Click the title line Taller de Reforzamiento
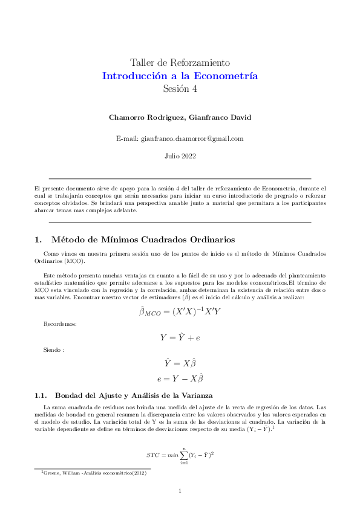[x=180, y=63]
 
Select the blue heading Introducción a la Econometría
[x=180, y=76]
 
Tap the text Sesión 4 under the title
[x=180, y=89]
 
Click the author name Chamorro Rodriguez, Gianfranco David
[x=180, y=116]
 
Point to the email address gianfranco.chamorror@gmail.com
[x=180, y=138]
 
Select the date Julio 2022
[x=180, y=156]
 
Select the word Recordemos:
[x=60, y=325]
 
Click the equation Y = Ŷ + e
[x=180, y=338]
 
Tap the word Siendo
[x=54, y=351]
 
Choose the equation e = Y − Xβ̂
[x=180, y=379]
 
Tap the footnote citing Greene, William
[x=93, y=473]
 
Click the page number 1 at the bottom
[x=180, y=491]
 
